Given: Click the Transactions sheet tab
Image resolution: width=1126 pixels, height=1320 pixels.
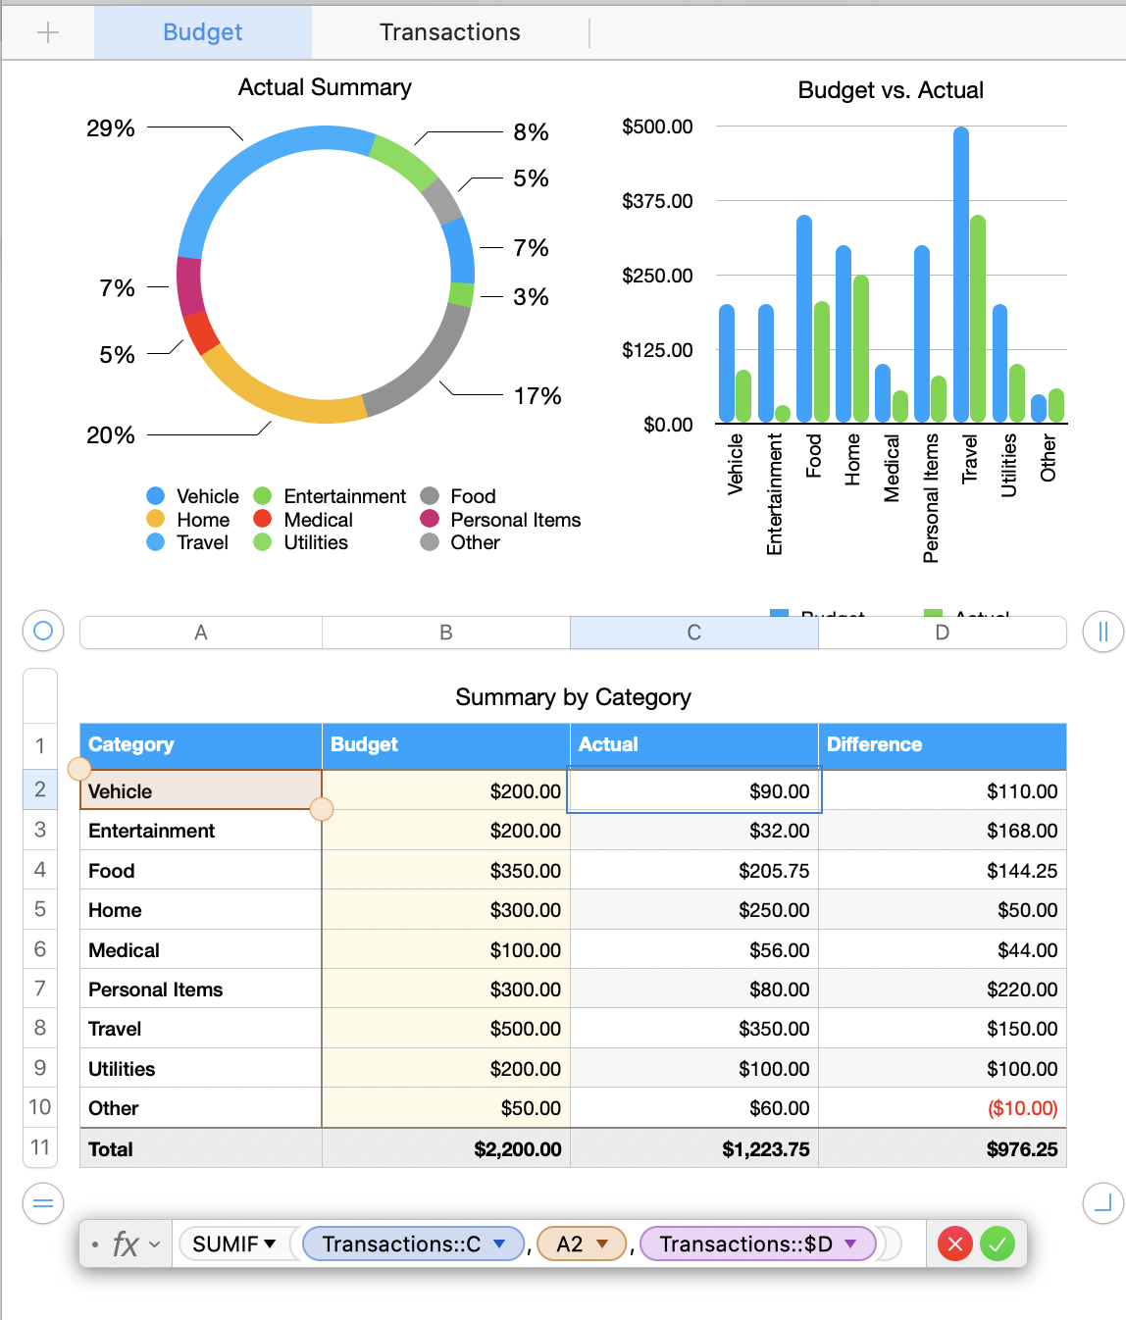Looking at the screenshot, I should click(x=449, y=32).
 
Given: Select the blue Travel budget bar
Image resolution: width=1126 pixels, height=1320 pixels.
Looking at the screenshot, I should click(x=961, y=275).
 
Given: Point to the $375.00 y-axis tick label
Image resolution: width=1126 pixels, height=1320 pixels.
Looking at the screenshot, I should click(x=657, y=201).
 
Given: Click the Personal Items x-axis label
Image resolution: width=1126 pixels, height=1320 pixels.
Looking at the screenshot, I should click(x=931, y=498).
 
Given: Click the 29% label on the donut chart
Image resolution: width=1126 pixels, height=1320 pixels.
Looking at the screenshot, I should click(x=111, y=128).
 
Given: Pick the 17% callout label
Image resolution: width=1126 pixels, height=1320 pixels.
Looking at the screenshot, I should click(x=537, y=396).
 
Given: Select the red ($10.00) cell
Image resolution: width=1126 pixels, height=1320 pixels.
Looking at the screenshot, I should click(x=1022, y=1108).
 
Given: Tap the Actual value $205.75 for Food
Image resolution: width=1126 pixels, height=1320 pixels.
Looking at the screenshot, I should click(x=774, y=871).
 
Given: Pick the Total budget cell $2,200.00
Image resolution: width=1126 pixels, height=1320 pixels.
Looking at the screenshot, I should click(x=517, y=1149).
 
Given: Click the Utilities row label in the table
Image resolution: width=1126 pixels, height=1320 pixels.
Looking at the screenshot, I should click(x=122, y=1069).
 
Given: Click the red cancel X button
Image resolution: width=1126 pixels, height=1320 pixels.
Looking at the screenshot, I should click(x=954, y=1244).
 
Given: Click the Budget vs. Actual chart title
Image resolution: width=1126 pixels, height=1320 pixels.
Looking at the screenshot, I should click(x=891, y=90).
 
